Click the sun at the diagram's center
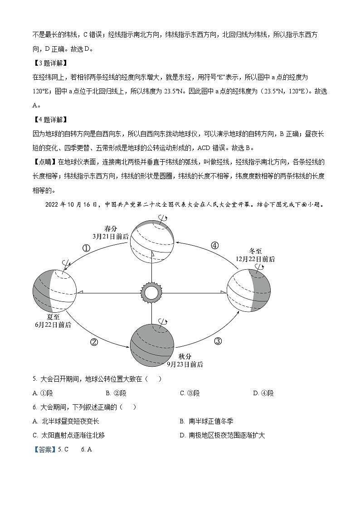pyautogui.click(x=151, y=292)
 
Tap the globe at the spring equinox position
pyautogui.click(x=151, y=240)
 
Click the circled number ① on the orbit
pyautogui.click(x=86, y=248)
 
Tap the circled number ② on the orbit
pyautogui.click(x=94, y=342)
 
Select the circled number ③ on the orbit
pyautogui.click(x=218, y=341)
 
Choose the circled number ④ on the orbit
pyautogui.click(x=214, y=245)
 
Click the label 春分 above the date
pyautogui.click(x=111, y=228)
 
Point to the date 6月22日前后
pyautogui.click(x=53, y=325)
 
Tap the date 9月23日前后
pyautogui.click(x=185, y=364)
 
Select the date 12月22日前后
pyautogui.click(x=255, y=259)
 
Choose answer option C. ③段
pyautogui.click(x=190, y=393)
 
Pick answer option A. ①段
pyautogui.click(x=42, y=393)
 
